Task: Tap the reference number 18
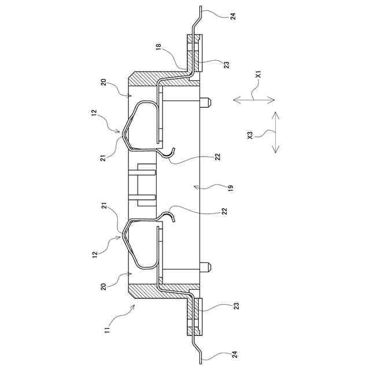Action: coord(158,46)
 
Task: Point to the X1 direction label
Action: coord(259,75)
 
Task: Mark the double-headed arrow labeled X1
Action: coord(254,100)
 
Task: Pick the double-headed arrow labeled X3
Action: coord(275,132)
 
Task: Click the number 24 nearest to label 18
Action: coord(233,16)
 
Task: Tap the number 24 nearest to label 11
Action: coord(235,354)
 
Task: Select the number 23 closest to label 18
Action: coord(226,65)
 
